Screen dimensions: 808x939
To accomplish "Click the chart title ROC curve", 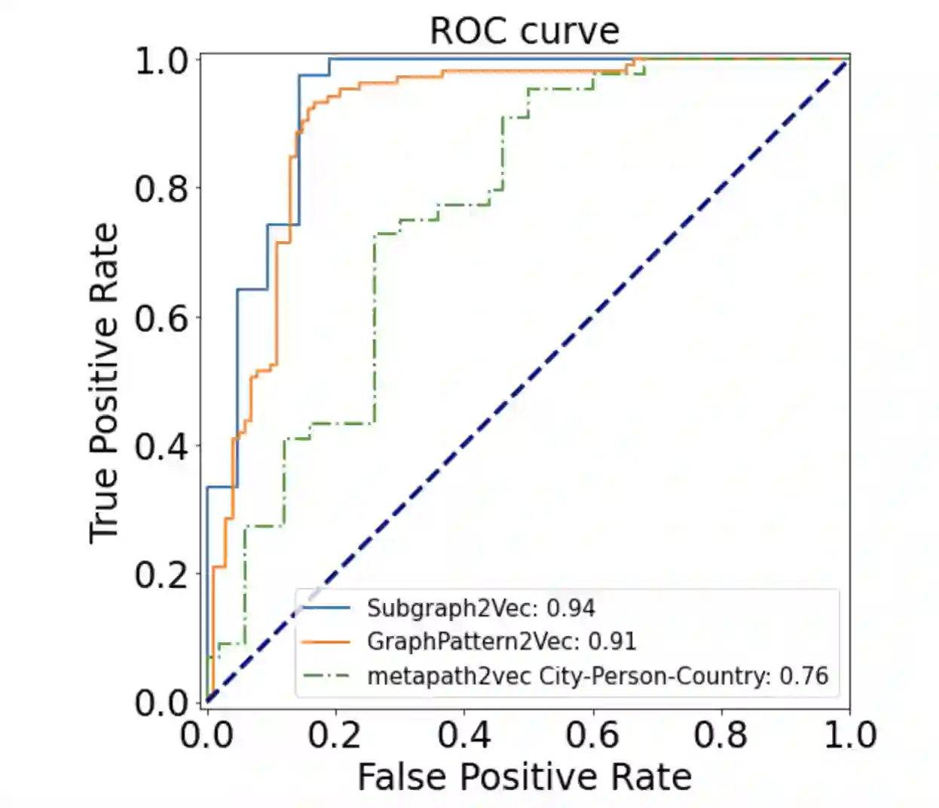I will coord(524,31).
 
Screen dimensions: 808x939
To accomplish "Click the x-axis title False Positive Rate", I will coord(525,777).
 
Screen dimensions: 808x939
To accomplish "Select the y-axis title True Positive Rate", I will coord(104,383).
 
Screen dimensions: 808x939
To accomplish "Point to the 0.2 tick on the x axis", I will coord(335,734).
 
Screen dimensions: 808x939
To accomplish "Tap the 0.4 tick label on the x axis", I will coord(463,734).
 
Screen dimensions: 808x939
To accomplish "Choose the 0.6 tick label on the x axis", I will coord(592,734).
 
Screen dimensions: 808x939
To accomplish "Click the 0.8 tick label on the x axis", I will coord(720,734).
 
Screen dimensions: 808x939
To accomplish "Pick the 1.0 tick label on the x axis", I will coord(850,734).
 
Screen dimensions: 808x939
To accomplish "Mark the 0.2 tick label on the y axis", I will coord(161,575).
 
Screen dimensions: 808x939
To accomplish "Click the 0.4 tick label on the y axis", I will coord(161,446).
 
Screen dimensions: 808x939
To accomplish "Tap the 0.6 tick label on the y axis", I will coord(161,318).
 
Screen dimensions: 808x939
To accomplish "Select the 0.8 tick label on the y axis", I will coord(161,189).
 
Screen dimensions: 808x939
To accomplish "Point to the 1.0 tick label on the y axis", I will coord(161,61).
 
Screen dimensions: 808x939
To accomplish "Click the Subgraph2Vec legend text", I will coord(481,608).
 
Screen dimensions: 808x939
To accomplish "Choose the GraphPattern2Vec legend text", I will coord(501,641).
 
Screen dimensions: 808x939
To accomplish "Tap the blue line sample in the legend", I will coord(326,608).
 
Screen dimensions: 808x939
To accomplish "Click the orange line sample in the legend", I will coord(326,641).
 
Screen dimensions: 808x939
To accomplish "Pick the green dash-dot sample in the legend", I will coord(326,675).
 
